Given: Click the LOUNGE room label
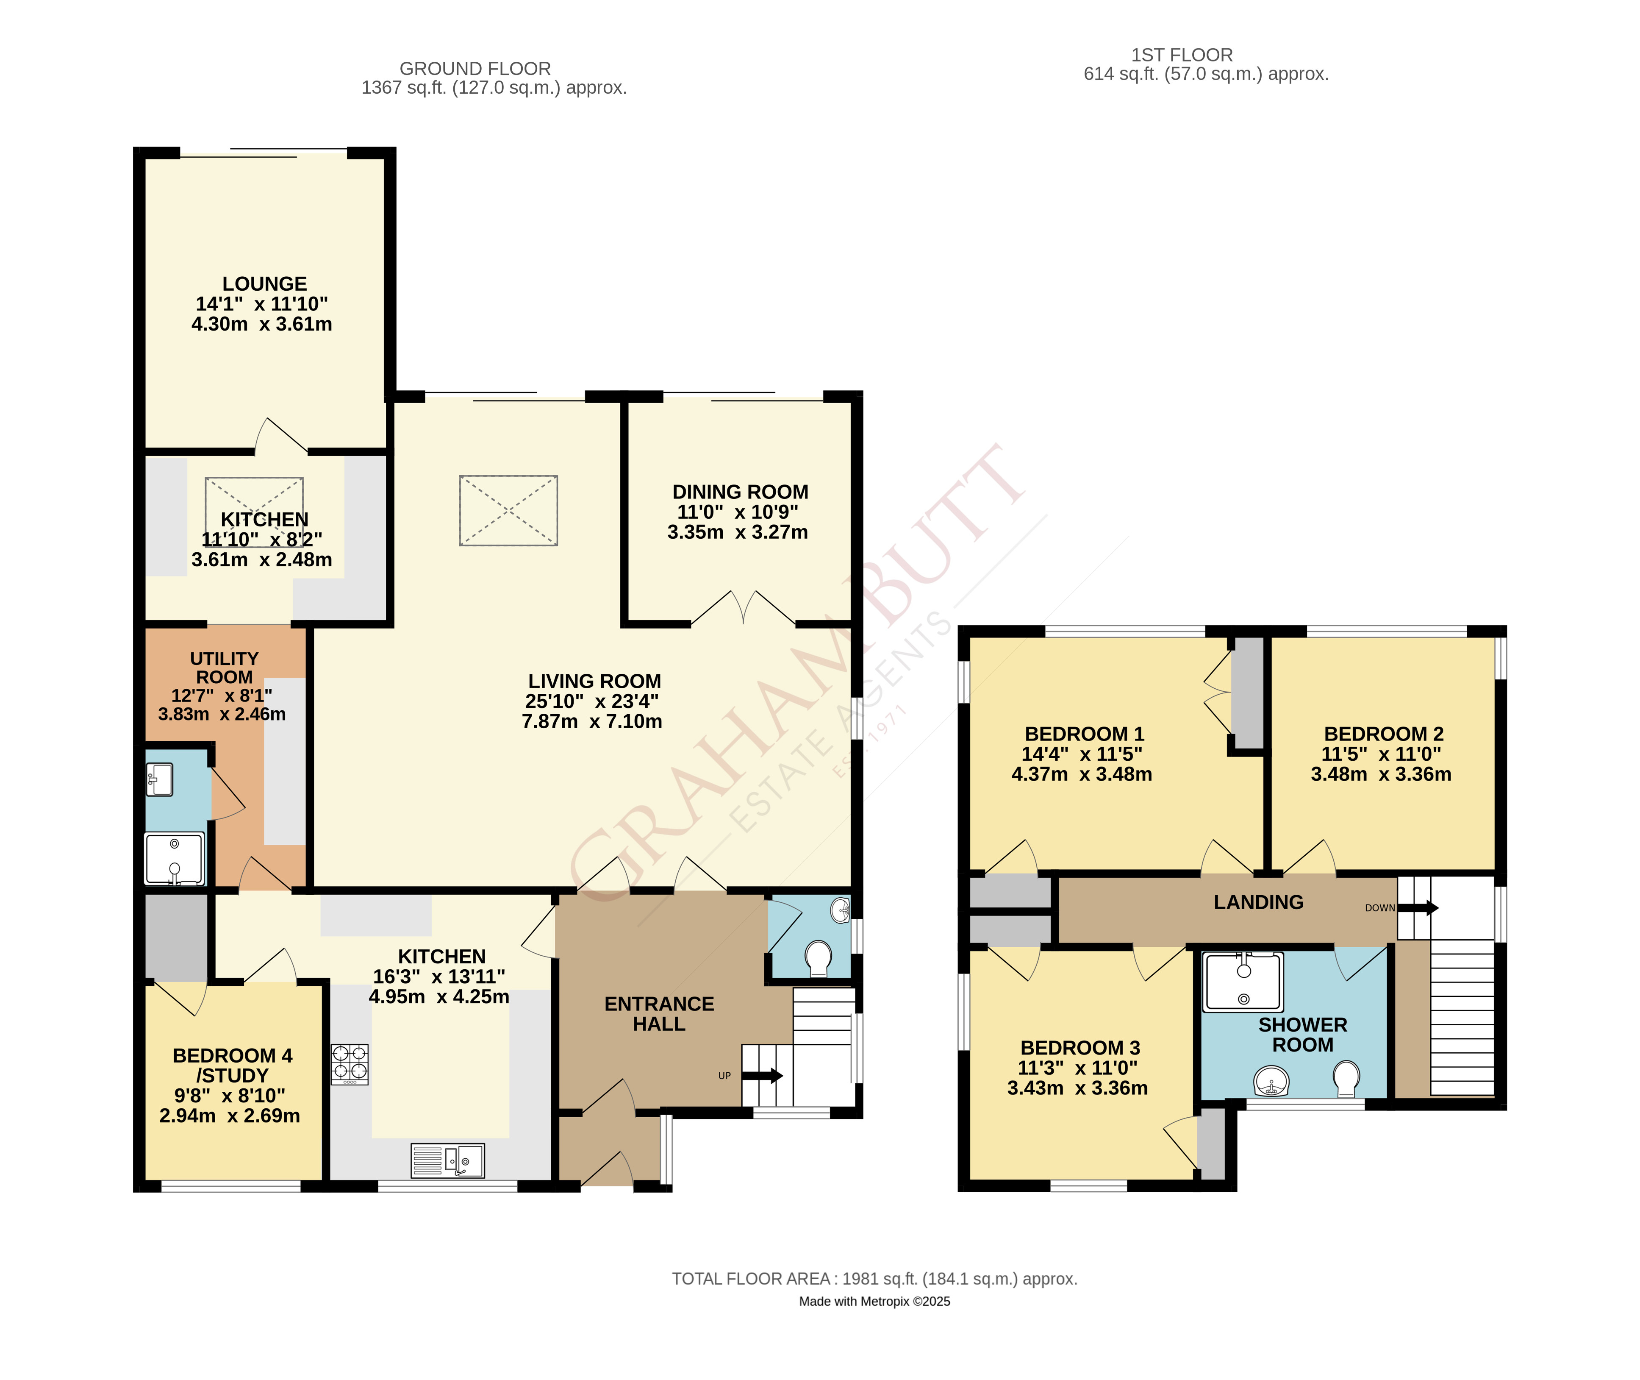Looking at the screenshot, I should point(264,284).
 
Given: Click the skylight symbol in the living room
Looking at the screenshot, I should point(508,510).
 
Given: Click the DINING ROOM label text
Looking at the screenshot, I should point(740,492).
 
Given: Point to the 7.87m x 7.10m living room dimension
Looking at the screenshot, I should point(592,721).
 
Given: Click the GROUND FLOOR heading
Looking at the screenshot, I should point(475,69).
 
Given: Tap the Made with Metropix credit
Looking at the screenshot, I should point(874,1302).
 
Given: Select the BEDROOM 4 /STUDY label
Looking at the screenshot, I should point(232,1066).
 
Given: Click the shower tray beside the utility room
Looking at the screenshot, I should point(175,858).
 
